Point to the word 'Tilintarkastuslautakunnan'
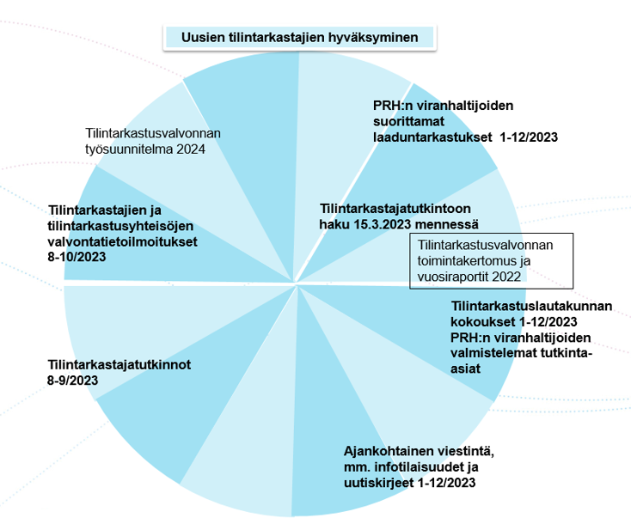click(531, 307)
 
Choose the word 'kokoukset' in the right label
click(481, 321)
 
